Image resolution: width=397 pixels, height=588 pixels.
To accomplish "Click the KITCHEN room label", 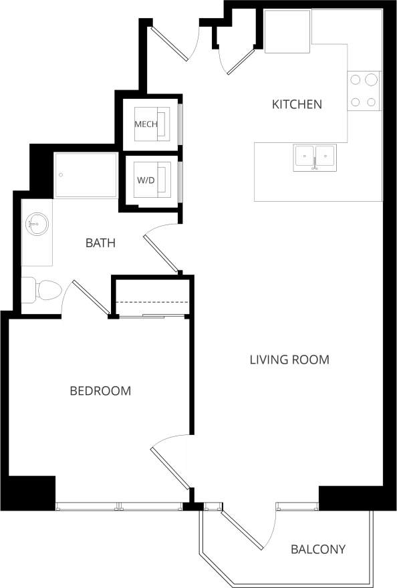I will pos(297,104).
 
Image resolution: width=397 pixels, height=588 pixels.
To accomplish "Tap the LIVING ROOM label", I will pos(289,359).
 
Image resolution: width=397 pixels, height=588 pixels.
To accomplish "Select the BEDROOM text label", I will pos(100,391).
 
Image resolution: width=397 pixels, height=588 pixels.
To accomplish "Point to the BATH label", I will pos(100,243).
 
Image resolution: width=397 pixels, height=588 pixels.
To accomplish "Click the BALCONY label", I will pos(318,550).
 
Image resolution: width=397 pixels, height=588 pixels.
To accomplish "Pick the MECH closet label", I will pos(146,124).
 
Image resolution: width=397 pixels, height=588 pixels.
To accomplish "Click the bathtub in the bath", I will pos(86,175).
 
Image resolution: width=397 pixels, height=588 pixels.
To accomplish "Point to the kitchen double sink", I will pos(315,158).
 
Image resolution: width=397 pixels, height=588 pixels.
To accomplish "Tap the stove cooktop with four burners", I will pos(364,91).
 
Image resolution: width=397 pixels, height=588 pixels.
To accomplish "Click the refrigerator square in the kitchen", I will pos(287,31).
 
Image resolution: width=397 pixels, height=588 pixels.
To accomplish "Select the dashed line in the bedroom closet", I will pos(152,302).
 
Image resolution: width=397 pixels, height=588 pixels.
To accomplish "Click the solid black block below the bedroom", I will pos(31,493).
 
